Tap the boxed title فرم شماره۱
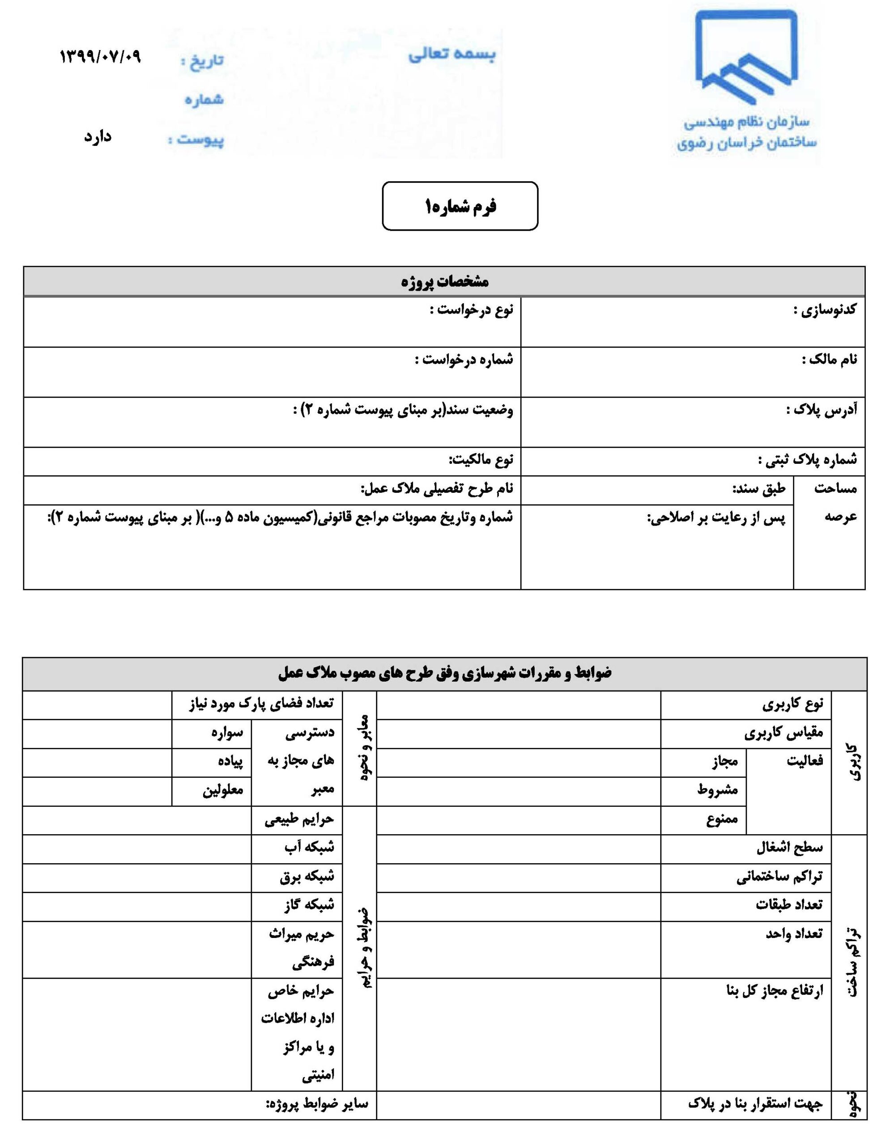[x=460, y=206]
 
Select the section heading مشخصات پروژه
[x=445, y=281]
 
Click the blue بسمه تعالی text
[x=452, y=55]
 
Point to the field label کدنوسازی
[x=824, y=310]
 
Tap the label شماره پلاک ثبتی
[x=808, y=460]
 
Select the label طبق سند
[x=759, y=488]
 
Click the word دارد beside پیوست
[x=98, y=137]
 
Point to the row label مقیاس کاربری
[x=783, y=734]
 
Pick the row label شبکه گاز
[x=309, y=905]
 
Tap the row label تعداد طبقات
[x=788, y=905]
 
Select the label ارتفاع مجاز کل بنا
[x=775, y=991]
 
